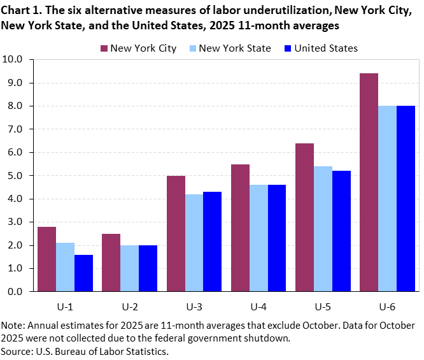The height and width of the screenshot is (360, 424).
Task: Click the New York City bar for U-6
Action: pos(369,182)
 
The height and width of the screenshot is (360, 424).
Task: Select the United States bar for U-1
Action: pos(83,273)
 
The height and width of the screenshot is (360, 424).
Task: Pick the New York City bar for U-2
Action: pos(111,263)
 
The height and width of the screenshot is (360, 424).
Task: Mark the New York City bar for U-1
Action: pos(46,259)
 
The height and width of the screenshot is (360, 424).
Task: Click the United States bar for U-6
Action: pos(405,198)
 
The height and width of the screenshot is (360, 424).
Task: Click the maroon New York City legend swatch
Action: pos(104,48)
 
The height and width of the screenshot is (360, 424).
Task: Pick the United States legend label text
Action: pos(327,48)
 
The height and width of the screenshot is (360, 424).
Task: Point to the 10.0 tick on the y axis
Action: pos(13,60)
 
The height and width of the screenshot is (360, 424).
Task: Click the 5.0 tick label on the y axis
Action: pos(13,176)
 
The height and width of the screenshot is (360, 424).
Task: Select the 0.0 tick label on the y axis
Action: pos(13,292)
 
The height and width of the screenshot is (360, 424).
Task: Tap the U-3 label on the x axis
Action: pos(194,306)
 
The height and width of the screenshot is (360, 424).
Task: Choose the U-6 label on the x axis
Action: pos(386,306)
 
